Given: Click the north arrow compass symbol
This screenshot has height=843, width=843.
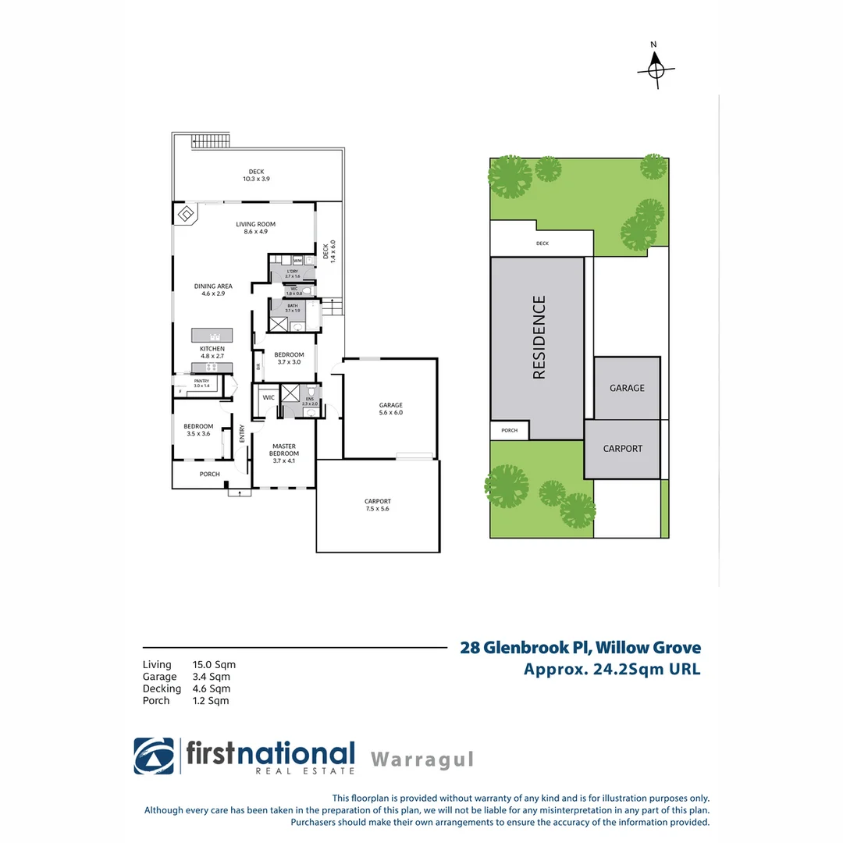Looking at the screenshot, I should pyautogui.click(x=655, y=69).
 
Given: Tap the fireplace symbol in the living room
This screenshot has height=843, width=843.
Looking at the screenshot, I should pyautogui.click(x=187, y=214).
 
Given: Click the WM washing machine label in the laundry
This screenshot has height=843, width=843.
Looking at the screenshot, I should pyautogui.click(x=297, y=261).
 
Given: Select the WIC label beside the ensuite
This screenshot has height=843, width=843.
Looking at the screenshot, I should pyautogui.click(x=269, y=397).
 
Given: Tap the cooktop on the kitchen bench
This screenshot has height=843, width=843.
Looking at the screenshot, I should pyautogui.click(x=210, y=367).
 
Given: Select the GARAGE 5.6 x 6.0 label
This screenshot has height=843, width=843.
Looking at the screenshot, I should pyautogui.click(x=390, y=408).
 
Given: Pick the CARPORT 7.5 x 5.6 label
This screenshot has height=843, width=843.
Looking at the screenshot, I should pyautogui.click(x=377, y=504).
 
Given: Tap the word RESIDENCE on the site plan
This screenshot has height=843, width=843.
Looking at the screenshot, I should pyautogui.click(x=539, y=336).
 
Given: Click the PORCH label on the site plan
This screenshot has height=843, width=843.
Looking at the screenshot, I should pyautogui.click(x=509, y=430).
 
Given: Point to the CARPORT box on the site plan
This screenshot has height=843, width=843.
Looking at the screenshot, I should pyautogui.click(x=623, y=449).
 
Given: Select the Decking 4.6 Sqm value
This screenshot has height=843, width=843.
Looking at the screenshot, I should pyautogui.click(x=211, y=688).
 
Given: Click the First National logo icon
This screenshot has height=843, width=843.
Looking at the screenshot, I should pyautogui.click(x=154, y=756).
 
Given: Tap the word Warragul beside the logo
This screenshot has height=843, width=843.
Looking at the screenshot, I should pyautogui.click(x=421, y=759).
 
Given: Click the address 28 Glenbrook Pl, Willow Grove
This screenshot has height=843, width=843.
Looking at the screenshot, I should pyautogui.click(x=580, y=647).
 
